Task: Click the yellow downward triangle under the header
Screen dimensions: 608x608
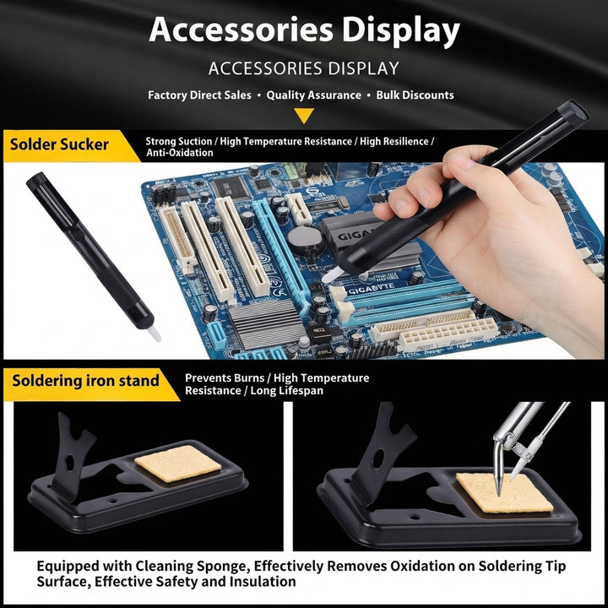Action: (x=304, y=115)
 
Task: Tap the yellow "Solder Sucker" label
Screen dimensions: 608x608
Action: (x=59, y=144)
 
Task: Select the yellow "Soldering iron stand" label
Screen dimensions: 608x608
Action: (x=85, y=381)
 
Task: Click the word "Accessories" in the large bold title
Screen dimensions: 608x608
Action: (x=242, y=30)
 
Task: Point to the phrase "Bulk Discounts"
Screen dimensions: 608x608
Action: (x=415, y=95)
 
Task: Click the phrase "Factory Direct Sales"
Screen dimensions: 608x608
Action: (x=199, y=95)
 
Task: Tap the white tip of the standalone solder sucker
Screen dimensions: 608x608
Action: (x=155, y=334)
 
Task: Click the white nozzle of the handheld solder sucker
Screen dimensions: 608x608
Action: (x=332, y=274)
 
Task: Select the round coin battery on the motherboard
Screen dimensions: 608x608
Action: (x=305, y=240)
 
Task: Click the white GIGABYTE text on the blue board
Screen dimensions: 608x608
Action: (x=372, y=290)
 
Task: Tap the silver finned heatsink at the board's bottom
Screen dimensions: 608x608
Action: (x=268, y=323)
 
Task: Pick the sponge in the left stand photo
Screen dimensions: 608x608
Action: (x=178, y=464)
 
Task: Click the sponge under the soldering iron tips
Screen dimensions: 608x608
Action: (x=504, y=492)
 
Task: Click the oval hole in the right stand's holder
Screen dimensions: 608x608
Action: (x=377, y=459)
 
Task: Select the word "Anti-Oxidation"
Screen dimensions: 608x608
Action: (x=180, y=153)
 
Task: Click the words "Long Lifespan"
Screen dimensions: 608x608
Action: (x=286, y=390)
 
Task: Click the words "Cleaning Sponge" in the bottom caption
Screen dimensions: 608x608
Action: (x=191, y=566)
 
